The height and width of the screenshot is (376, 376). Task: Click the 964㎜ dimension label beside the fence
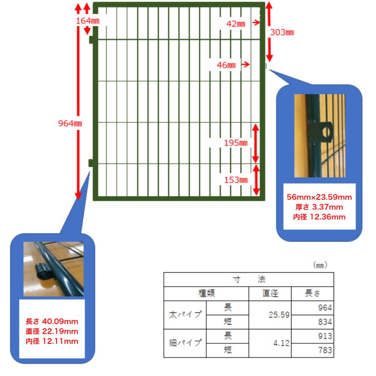click(x=70, y=124)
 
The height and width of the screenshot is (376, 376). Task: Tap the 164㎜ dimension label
click(x=88, y=21)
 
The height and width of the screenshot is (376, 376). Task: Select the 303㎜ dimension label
click(x=282, y=32)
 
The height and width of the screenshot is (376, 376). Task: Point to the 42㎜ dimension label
click(x=236, y=24)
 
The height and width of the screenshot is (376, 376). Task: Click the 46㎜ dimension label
click(x=226, y=65)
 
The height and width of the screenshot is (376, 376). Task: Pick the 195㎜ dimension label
click(x=236, y=143)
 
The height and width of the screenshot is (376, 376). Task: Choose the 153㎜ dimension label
click(x=236, y=180)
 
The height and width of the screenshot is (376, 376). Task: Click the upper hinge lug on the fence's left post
click(x=91, y=40)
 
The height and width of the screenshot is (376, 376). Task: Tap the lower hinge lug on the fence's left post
click(x=91, y=163)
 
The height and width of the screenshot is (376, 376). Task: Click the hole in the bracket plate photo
click(x=326, y=132)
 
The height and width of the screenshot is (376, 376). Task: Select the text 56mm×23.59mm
click(x=319, y=197)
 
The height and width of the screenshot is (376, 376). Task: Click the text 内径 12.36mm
click(x=319, y=217)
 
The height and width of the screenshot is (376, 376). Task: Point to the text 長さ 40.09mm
click(x=52, y=321)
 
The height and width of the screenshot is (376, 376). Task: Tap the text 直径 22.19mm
click(x=52, y=331)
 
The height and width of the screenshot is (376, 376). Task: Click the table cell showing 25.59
click(x=270, y=315)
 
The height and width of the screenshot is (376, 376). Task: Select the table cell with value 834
click(x=312, y=322)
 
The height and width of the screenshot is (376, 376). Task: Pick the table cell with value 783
click(x=312, y=351)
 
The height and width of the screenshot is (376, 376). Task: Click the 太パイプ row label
click(x=185, y=315)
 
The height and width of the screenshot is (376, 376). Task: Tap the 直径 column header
click(x=270, y=294)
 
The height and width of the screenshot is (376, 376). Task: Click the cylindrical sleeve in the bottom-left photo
click(x=43, y=271)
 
